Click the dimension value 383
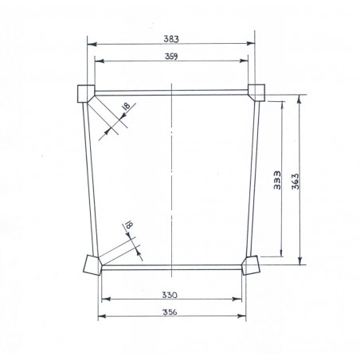(x=171, y=37)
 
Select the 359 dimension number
(x=171, y=55)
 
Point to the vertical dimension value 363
(x=293, y=179)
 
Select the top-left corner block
(x=84, y=93)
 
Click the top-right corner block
(x=256, y=92)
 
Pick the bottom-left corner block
(x=90, y=264)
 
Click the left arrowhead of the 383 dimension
(x=89, y=43)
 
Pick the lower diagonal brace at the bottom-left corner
(x=115, y=248)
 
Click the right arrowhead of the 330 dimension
(x=240, y=299)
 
